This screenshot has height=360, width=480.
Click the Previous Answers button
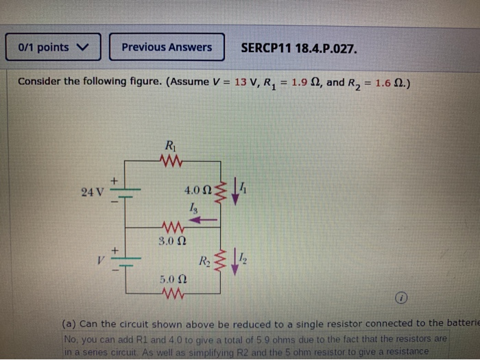[167, 47]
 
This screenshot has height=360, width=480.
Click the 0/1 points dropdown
[53, 47]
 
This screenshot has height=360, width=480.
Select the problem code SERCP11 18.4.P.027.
[298, 48]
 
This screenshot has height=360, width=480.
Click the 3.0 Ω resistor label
[169, 241]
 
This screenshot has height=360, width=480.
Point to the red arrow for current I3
[204, 219]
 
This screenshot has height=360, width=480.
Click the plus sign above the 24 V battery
[115, 180]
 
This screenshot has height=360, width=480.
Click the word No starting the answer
[71, 339]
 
